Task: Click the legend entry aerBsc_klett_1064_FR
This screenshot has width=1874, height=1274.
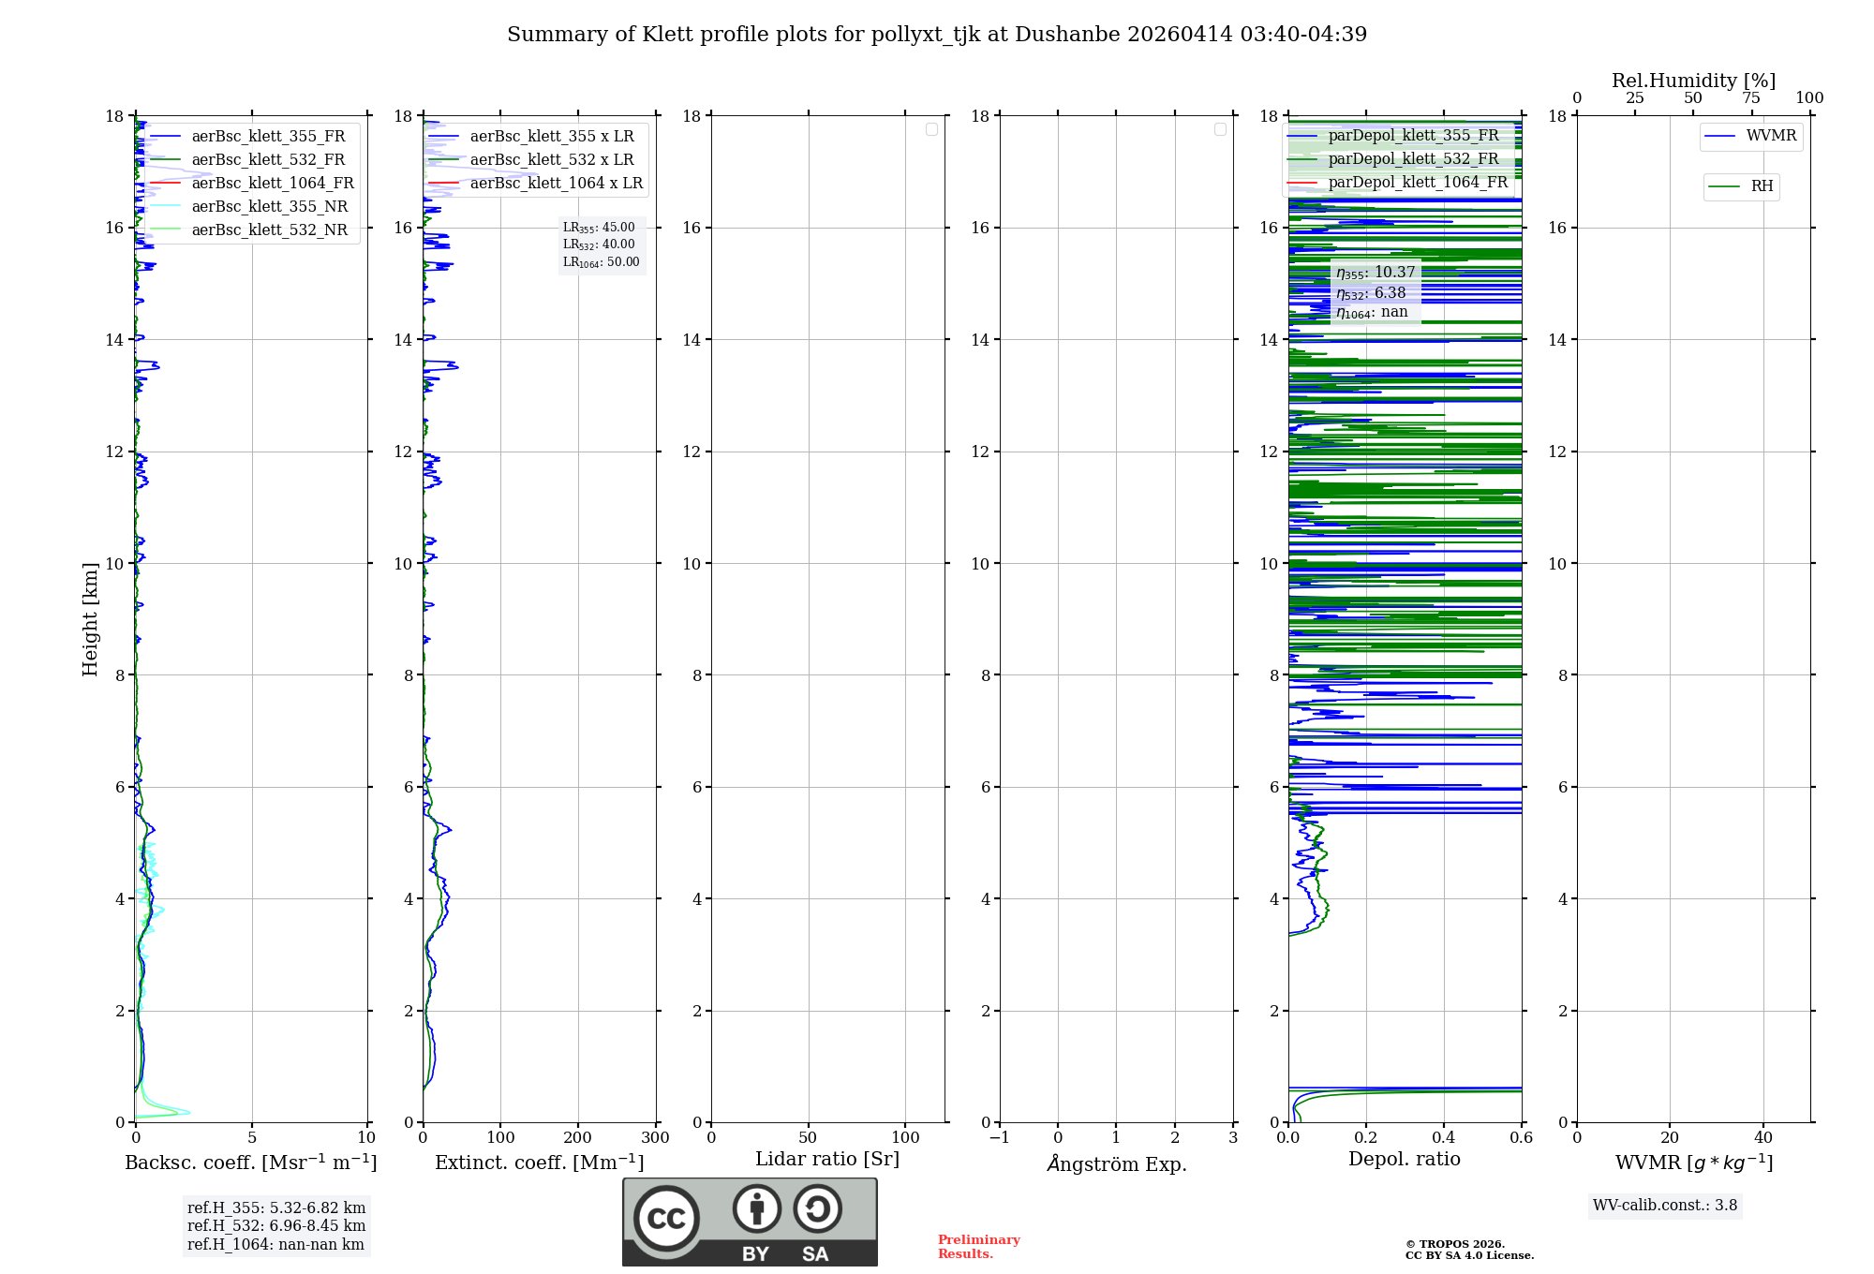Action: point(273,184)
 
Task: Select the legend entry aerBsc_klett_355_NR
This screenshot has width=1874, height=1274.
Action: point(270,207)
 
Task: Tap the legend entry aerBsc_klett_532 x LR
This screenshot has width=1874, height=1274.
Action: point(552,160)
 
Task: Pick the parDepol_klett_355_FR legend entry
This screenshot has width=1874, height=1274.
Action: point(1413,136)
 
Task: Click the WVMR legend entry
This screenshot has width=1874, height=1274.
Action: point(1771,136)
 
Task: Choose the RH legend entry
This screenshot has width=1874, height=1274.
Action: point(1762,186)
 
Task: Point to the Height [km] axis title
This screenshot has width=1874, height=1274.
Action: point(90,619)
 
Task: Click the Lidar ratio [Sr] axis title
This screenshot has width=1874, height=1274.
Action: point(827,1160)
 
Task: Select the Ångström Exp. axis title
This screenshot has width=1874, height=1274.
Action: point(1116,1164)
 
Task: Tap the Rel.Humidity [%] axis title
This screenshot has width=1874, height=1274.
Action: point(1693,81)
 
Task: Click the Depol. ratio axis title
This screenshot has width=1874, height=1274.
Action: point(1404,1160)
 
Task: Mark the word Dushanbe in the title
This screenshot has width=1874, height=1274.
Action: point(1067,35)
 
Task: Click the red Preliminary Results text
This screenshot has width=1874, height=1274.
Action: point(978,1247)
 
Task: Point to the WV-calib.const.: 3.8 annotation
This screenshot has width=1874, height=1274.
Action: point(1665,1206)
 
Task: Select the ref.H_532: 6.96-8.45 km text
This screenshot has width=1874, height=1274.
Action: point(276,1226)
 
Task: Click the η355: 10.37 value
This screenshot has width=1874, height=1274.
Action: point(1376,273)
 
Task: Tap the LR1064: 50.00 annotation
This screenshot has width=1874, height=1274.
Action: point(601,262)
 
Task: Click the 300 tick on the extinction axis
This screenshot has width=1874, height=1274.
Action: point(656,1138)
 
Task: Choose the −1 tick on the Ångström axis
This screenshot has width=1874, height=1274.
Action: point(1000,1138)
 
